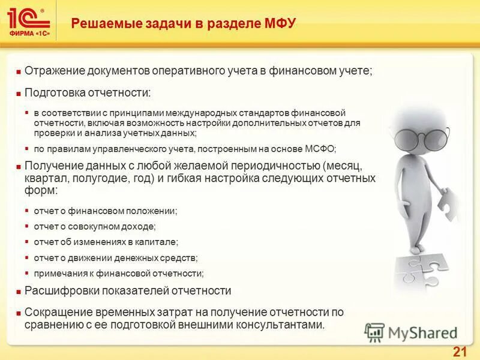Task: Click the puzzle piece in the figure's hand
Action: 448,203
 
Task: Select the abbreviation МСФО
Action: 321,148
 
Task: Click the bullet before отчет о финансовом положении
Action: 27,211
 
